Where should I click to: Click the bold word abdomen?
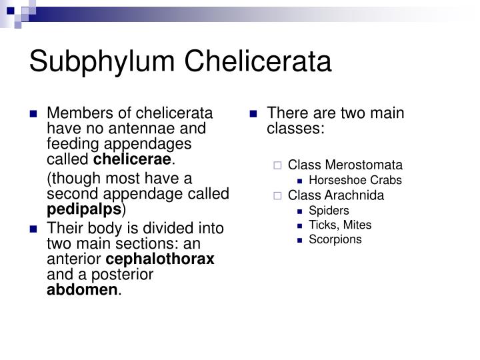(82, 290)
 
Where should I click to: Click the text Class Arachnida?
(336, 195)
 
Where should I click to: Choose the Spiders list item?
(329, 211)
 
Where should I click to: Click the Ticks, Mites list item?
(340, 225)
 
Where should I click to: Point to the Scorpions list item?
(335, 239)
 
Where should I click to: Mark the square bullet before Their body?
(33, 229)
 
